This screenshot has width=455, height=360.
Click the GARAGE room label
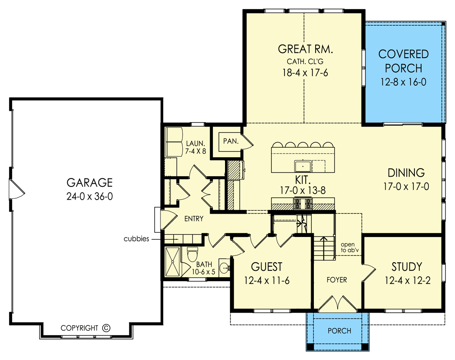click(89, 182)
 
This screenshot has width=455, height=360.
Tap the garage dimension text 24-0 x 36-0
click(89, 196)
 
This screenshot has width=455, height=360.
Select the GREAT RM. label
click(305, 49)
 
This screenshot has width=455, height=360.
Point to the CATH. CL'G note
click(305, 61)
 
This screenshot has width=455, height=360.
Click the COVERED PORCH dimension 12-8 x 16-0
click(403, 82)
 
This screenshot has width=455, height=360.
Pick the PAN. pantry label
click(231, 141)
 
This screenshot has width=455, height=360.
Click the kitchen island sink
click(303, 166)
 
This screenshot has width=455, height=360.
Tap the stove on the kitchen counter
click(303, 204)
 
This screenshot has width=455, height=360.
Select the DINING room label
click(406, 173)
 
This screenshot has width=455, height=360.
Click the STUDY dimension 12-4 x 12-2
click(407, 280)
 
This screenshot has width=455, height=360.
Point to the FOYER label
click(336, 280)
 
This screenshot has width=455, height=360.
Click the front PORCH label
click(339, 331)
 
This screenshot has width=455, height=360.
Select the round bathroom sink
click(224, 268)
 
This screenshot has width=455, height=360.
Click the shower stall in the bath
click(173, 262)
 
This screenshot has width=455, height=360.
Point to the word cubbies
click(136, 239)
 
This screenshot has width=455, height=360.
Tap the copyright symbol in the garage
click(106, 328)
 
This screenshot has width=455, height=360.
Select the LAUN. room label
click(196, 147)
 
